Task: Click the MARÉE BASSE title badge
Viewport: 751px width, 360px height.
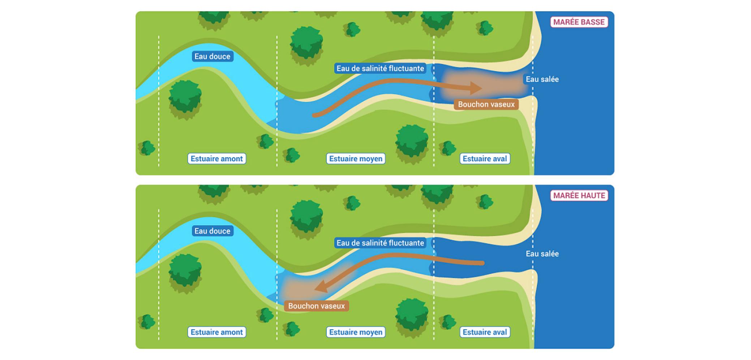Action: [579, 22]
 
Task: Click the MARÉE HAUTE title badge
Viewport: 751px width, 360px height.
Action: [579, 196]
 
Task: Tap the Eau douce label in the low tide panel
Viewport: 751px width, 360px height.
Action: [212, 56]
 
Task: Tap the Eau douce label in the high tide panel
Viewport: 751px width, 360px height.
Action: [212, 231]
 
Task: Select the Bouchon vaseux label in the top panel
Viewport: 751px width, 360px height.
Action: [486, 104]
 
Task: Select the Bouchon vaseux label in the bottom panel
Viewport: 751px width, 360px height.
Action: [316, 306]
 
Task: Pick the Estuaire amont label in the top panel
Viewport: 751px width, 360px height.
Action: [216, 159]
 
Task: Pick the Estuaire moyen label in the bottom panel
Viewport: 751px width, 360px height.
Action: [356, 332]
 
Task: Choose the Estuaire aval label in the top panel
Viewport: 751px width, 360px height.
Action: [485, 159]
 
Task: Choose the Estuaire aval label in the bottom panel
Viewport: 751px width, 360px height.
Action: [485, 332]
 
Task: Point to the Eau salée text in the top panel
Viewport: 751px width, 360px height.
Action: [542, 79]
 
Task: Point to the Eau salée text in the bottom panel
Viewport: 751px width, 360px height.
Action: [542, 254]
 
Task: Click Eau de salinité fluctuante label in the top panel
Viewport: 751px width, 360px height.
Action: [380, 68]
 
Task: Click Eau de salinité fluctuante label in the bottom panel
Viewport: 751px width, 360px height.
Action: [380, 243]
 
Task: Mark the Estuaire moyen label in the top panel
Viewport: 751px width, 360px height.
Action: [356, 159]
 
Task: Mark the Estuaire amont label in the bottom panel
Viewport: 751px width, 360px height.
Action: [216, 332]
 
